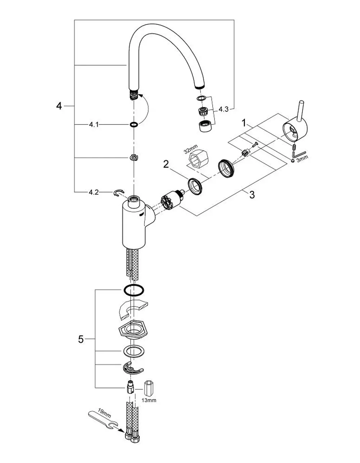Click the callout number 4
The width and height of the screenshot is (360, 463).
coord(59,106)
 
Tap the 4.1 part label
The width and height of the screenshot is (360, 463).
coord(94,124)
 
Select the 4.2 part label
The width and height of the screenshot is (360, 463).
coord(94,192)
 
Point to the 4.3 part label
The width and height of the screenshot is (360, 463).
coord(224,109)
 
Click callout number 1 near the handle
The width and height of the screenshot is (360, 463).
coord(244,123)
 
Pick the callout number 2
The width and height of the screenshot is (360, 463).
coord(166,164)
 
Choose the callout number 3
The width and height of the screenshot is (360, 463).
coord(252,195)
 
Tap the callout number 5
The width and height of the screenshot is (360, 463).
coord(81,339)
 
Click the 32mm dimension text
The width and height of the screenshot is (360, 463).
coord(191,149)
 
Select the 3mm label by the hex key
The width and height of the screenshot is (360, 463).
coord(302,159)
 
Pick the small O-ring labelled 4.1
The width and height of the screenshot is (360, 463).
coord(134,124)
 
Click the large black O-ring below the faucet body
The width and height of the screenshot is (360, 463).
coord(134,290)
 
